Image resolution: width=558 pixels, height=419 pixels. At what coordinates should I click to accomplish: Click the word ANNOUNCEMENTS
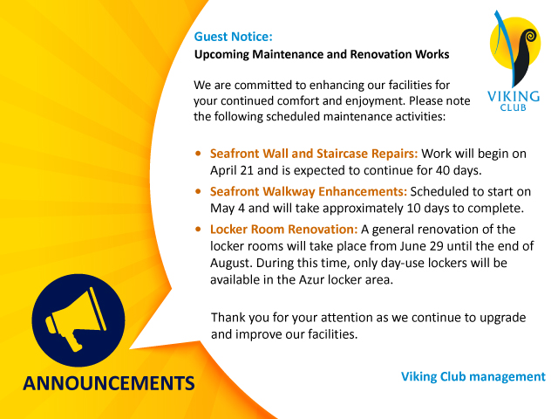click(x=109, y=383)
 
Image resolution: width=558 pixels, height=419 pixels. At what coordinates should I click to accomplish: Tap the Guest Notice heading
click(x=233, y=37)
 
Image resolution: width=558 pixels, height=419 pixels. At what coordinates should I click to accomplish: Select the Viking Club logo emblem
click(x=515, y=49)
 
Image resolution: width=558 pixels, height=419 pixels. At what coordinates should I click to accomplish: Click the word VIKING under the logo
click(x=514, y=97)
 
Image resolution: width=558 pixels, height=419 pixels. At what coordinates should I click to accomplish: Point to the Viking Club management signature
click(x=473, y=376)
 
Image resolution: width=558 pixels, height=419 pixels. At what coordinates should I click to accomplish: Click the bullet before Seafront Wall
click(x=198, y=154)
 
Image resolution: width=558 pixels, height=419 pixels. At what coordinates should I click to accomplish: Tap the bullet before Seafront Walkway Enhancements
click(x=198, y=191)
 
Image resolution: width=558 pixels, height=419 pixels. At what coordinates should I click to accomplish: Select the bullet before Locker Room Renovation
click(x=198, y=229)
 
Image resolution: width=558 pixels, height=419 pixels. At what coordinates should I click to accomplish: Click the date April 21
click(x=231, y=171)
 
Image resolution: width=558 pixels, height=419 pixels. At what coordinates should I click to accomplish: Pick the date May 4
click(x=228, y=208)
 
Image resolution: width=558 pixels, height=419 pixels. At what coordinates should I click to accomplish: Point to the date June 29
click(x=422, y=246)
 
